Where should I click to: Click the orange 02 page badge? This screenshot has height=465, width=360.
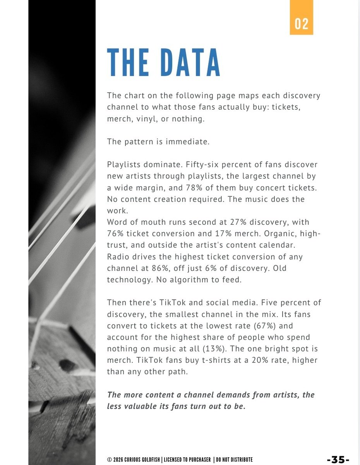click(x=301, y=23)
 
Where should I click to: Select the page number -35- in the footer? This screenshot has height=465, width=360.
click(x=338, y=459)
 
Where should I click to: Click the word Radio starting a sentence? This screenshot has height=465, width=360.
click(x=118, y=257)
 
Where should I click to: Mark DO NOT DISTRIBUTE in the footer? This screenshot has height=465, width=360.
click(x=234, y=460)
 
